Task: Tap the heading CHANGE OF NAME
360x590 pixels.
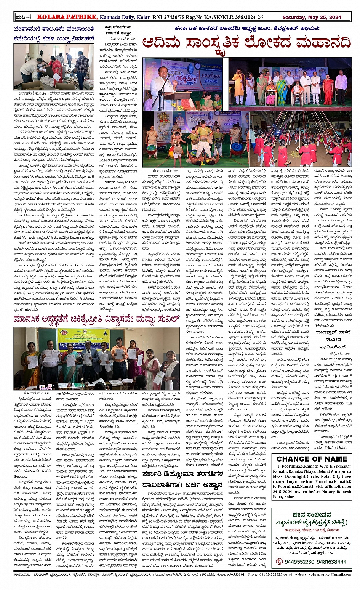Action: click(312, 459)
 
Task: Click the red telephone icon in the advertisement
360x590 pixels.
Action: click(279, 561)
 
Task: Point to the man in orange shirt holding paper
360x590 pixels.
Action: click(119, 356)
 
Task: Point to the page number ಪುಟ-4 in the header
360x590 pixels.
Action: click(24, 17)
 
